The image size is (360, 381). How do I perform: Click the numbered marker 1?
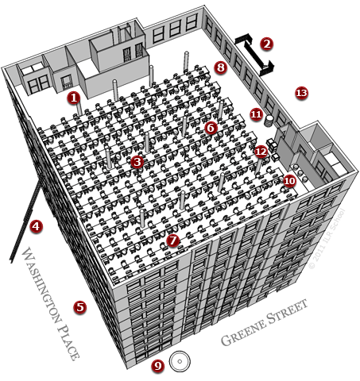[x=73, y=98]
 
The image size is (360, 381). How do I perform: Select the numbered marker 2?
[x=267, y=44]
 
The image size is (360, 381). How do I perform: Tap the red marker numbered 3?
[x=137, y=162]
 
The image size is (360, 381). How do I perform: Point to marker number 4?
[x=35, y=226]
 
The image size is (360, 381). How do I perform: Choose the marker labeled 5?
[x=79, y=306]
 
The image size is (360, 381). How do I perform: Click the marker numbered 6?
[x=211, y=127]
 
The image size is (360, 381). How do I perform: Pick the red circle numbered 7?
[x=174, y=239]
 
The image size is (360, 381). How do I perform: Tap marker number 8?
[x=221, y=68]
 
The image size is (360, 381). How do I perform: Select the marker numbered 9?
[x=157, y=365]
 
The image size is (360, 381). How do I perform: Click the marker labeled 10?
[x=289, y=181]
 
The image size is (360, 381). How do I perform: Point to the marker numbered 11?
[x=256, y=114]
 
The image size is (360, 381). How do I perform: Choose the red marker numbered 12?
[x=261, y=150]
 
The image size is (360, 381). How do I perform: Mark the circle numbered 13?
[x=301, y=93]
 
